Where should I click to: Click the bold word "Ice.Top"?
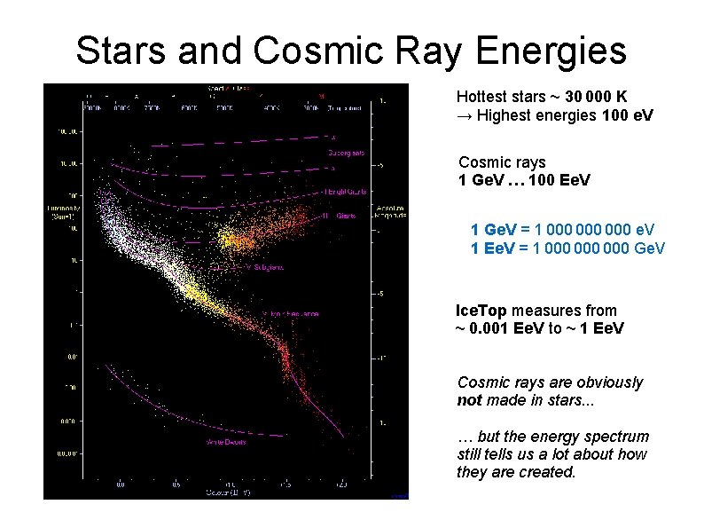pyautogui.click(x=481, y=311)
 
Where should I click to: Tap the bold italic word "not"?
pyautogui.click(x=469, y=400)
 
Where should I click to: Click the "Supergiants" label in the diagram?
pyautogui.click(x=345, y=152)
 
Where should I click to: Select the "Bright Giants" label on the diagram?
pyautogui.click(x=346, y=192)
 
